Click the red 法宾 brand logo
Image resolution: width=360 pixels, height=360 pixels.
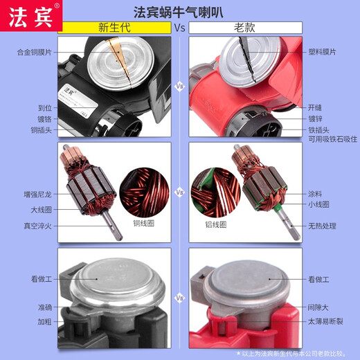tap(30, 15)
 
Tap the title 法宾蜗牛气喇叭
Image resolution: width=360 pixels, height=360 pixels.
tap(179, 12)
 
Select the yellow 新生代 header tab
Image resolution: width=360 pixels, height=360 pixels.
tap(114, 29)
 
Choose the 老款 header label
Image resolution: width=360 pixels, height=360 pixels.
tap(246, 29)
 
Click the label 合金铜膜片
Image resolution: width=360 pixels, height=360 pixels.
tap(35, 52)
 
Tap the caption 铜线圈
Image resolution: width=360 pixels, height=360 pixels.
tap(145, 224)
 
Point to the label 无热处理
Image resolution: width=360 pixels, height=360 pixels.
tap(322, 226)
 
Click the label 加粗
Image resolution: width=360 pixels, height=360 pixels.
tap(45, 322)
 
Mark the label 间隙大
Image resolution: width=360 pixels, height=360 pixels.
tap(318, 307)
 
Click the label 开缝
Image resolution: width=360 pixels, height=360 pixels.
tap(315, 108)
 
